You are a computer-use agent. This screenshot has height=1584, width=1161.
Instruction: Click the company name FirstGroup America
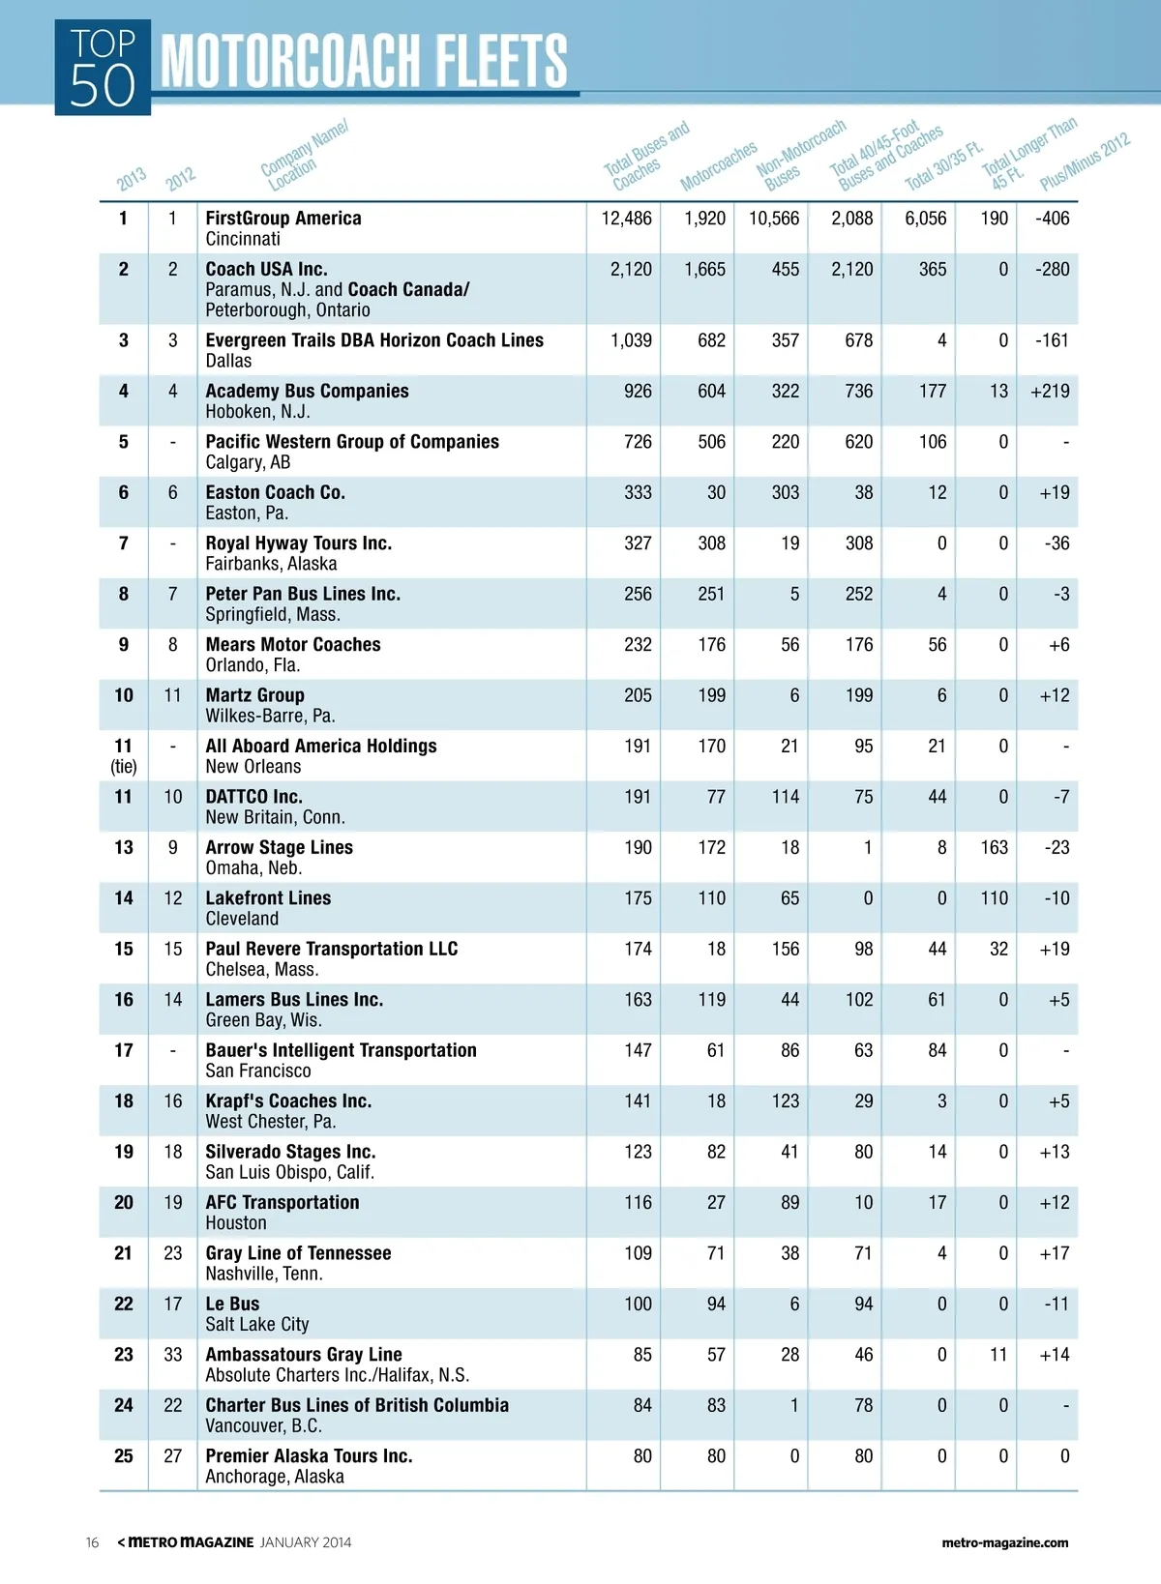(x=283, y=219)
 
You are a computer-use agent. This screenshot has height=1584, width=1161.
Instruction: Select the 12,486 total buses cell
(x=626, y=219)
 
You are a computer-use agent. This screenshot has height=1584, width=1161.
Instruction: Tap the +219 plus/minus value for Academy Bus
(x=1050, y=391)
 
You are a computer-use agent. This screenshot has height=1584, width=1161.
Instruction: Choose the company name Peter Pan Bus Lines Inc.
(x=302, y=594)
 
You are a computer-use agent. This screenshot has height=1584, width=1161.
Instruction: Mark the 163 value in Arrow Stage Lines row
(x=994, y=847)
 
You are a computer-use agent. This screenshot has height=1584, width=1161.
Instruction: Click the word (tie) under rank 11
(x=124, y=767)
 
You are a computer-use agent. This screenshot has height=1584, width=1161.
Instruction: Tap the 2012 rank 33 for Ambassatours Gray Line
(x=172, y=1355)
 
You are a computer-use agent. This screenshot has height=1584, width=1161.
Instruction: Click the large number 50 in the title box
(x=103, y=86)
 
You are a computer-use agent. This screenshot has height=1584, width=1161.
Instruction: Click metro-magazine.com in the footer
(x=1004, y=1542)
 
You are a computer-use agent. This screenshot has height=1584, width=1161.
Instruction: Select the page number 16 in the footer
(x=92, y=1542)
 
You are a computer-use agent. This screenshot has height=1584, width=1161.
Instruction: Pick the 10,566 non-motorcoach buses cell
(x=774, y=219)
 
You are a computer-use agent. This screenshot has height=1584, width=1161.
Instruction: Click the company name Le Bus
(x=232, y=1304)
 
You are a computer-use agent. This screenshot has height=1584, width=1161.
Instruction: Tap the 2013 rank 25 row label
(x=124, y=1456)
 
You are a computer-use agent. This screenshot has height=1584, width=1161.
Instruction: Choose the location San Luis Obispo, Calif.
(x=289, y=1172)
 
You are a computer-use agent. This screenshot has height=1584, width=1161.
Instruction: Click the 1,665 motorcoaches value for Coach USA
(x=704, y=269)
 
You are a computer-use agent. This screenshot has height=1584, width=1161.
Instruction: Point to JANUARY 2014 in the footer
(x=306, y=1542)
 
